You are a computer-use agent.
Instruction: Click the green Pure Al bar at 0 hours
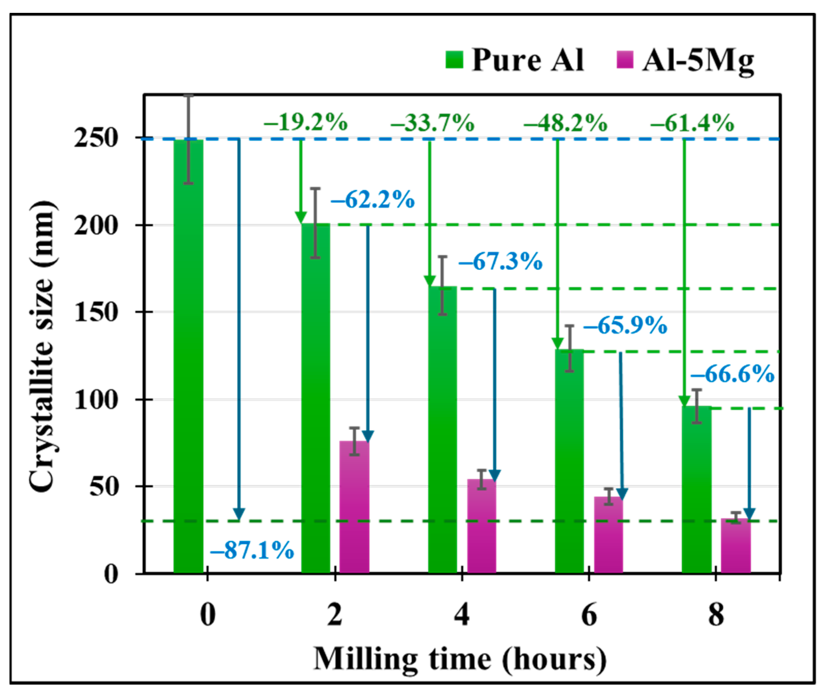(x=189, y=356)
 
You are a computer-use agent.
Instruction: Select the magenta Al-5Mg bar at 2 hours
(x=354, y=508)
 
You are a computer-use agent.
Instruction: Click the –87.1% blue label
(x=252, y=550)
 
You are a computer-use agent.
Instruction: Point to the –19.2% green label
(x=305, y=123)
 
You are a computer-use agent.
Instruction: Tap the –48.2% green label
(x=565, y=123)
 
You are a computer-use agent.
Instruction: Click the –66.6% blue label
(x=733, y=374)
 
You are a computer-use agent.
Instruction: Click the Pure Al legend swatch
(x=454, y=60)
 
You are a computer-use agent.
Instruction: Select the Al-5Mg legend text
(x=698, y=61)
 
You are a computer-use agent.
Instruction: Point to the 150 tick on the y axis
(x=96, y=312)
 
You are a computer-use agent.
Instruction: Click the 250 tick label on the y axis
(x=96, y=138)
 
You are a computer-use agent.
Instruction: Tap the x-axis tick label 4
(x=462, y=615)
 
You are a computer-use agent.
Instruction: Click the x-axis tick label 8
(x=716, y=615)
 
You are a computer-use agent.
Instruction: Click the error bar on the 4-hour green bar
(x=443, y=286)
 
